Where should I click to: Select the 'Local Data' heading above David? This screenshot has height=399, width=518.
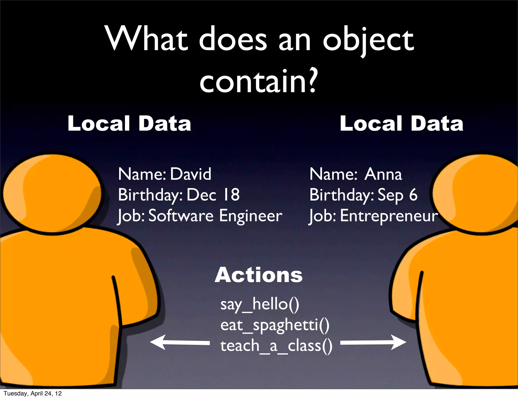point(129,123)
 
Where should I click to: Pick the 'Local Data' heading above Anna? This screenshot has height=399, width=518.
point(401,123)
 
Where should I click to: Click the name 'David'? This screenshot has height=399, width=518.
point(190,174)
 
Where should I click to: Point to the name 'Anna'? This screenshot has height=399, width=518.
point(383,174)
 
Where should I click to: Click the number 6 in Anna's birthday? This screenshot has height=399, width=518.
point(413,195)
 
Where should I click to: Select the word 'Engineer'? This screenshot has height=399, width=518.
point(250,216)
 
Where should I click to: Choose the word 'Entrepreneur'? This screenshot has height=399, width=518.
point(389,216)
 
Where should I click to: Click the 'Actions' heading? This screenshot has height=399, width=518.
point(258,275)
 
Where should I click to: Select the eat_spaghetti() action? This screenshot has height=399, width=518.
point(275,325)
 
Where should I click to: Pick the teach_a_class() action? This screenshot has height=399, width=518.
point(276,346)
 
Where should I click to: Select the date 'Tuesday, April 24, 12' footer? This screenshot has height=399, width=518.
point(33,393)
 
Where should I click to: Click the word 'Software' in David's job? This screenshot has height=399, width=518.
point(181,216)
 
